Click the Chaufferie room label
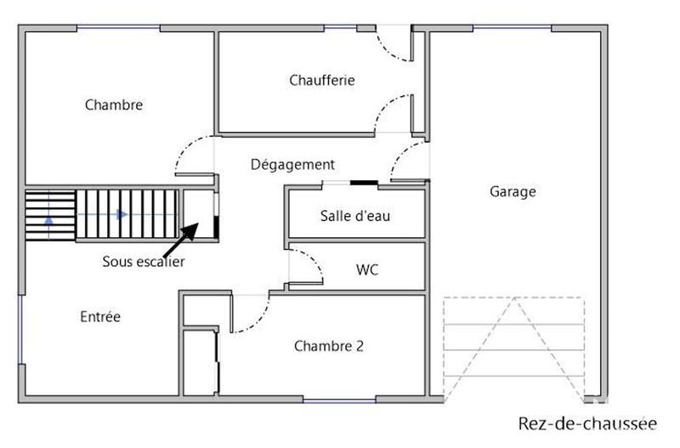pyautogui.click(x=321, y=81)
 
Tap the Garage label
pyautogui.click(x=513, y=191)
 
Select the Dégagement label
pyautogui.click(x=292, y=165)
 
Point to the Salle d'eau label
pyautogui.click(x=355, y=216)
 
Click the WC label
pyautogui.click(x=367, y=270)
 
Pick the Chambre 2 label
pyautogui.click(x=329, y=346)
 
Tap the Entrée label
pyautogui.click(x=100, y=317)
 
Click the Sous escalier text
pyautogui.click(x=143, y=262)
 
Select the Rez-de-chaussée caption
pyautogui.click(x=587, y=423)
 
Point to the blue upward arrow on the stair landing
pyautogui.click(x=48, y=218)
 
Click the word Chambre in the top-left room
pyautogui.click(x=113, y=105)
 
